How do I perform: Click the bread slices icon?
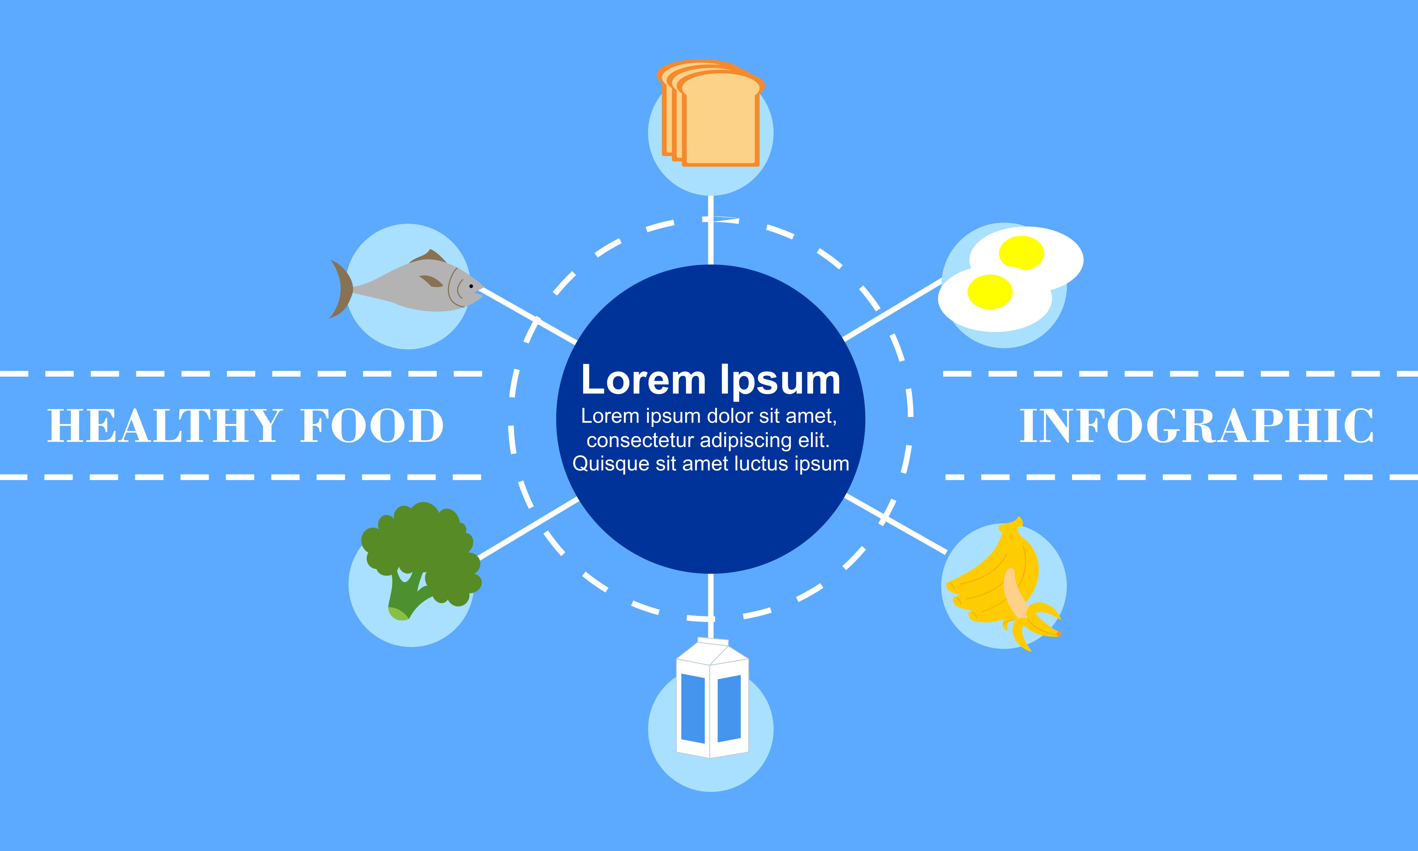711,113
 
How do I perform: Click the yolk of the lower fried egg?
990,292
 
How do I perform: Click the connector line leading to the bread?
711,230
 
